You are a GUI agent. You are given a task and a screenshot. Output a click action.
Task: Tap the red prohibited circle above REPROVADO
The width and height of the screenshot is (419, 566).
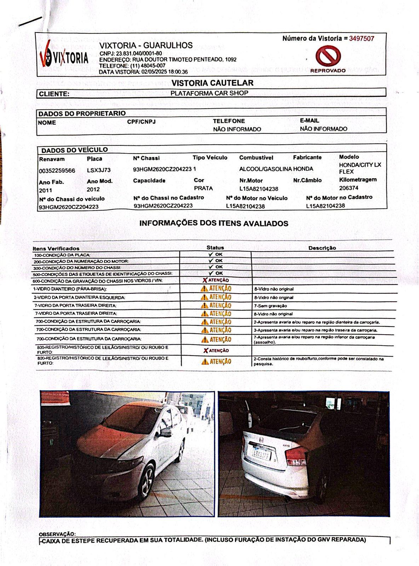pos(328,56)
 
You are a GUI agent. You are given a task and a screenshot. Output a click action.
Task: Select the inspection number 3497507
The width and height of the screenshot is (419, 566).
pos(361,39)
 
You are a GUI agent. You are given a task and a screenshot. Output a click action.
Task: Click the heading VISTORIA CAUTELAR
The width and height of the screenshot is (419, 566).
pos(212,83)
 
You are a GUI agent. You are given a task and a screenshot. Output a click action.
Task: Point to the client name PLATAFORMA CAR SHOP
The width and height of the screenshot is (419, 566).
pos(209,93)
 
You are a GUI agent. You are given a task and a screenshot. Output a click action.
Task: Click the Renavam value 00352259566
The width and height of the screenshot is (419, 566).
pos(57,171)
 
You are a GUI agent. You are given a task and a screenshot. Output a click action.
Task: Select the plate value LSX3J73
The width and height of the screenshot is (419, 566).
pos(99,170)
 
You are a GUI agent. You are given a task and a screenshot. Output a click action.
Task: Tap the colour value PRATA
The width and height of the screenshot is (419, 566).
pos(203,188)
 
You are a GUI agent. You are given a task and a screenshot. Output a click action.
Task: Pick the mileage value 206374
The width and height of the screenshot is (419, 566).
pos(348,188)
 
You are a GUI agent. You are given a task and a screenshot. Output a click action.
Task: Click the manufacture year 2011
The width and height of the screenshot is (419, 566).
pos(45,190)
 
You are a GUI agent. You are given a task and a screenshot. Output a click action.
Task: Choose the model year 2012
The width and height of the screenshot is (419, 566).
pos(93,189)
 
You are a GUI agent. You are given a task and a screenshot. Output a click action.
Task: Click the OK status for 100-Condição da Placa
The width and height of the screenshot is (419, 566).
pos(216,254)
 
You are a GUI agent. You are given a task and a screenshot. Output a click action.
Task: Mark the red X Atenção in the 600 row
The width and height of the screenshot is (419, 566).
pos(216,280)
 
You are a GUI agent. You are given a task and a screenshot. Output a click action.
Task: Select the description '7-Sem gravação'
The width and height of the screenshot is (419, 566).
pos(270,306)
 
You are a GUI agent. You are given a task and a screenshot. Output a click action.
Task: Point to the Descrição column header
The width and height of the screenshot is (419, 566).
pos(322,248)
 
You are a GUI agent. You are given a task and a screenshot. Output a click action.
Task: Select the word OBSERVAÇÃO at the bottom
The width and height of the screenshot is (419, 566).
pos(57,534)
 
